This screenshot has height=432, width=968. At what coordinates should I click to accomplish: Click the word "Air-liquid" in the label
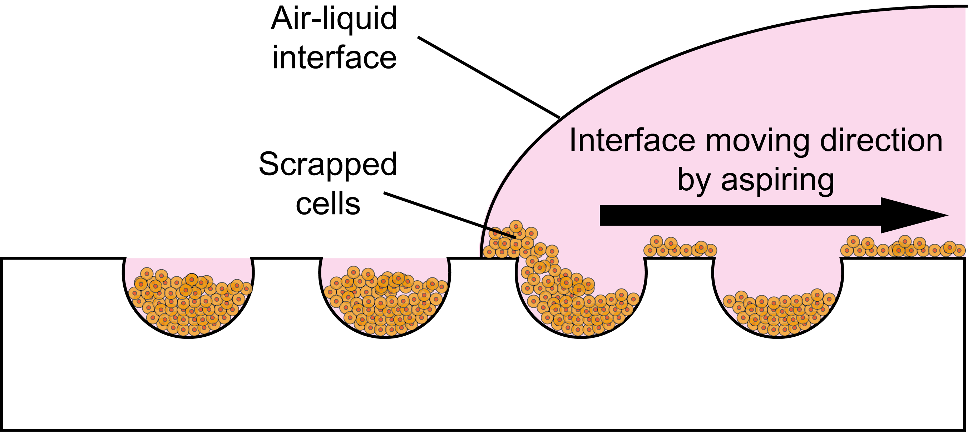pyautogui.click(x=334, y=19)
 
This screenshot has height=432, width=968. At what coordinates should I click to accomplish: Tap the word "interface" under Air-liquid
pyautogui.click(x=334, y=58)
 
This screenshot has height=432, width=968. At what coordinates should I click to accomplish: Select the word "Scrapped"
pyautogui.click(x=328, y=164)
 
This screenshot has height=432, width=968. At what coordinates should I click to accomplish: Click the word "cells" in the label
pyautogui.click(x=328, y=205)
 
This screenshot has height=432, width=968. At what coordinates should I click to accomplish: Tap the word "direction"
pyautogui.click(x=881, y=141)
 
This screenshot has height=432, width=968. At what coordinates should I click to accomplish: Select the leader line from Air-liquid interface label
pyautogui.click(x=489, y=77)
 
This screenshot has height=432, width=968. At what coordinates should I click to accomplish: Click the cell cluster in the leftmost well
pyautogui.click(x=188, y=304)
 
